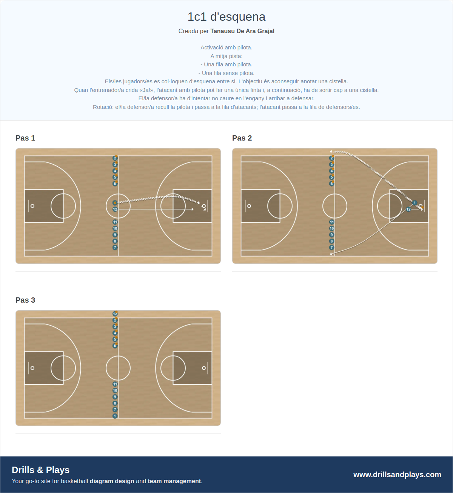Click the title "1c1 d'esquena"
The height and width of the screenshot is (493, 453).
click(226, 17)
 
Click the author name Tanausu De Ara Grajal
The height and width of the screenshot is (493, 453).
click(242, 31)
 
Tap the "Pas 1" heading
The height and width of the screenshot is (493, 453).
click(25, 138)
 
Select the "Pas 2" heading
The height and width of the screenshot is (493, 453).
click(242, 138)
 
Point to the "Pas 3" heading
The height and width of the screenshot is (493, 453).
click(25, 300)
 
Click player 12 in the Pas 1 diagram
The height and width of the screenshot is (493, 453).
click(115, 210)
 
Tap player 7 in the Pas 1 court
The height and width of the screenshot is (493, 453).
click(115, 248)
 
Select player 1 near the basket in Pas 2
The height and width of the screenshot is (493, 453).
click(415, 203)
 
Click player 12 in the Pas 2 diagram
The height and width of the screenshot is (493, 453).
click(408, 210)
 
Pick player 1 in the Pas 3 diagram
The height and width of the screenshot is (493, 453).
click(115, 416)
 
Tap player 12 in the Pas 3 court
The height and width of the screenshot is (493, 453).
click(115, 314)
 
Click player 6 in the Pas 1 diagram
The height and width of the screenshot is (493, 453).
click(115, 184)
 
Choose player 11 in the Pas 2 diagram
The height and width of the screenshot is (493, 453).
click(331, 222)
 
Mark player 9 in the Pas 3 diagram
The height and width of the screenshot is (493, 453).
click(115, 397)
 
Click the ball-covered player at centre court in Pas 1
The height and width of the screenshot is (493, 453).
click(115, 203)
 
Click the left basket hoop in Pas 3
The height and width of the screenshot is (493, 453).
click(32, 368)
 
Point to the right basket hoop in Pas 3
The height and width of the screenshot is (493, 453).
click(204, 368)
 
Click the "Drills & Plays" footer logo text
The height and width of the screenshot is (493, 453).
click(41, 470)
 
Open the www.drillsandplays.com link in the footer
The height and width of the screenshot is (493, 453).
click(397, 475)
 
